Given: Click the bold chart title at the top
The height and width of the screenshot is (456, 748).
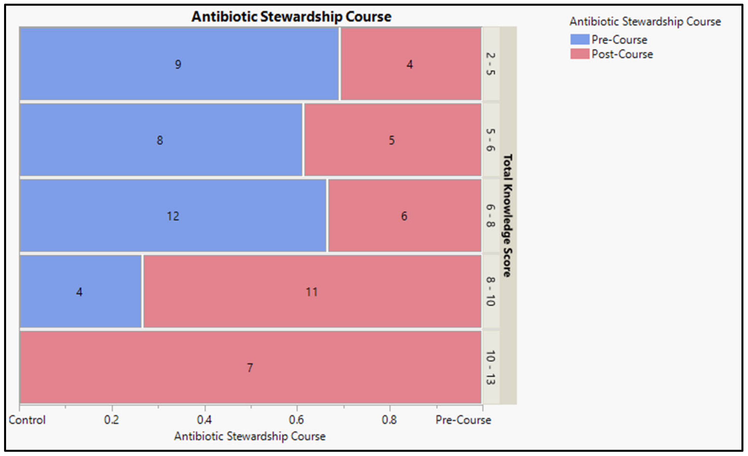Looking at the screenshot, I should tap(291, 17).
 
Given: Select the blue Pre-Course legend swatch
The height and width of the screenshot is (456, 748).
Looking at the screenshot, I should tap(579, 40).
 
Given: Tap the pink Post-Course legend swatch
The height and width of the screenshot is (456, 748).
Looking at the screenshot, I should tap(579, 54).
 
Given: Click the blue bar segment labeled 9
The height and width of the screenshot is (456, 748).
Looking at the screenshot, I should tap(179, 64).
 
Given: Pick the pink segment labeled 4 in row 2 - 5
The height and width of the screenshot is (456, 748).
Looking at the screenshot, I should tap(410, 64).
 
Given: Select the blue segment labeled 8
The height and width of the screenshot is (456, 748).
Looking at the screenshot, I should tap(161, 140).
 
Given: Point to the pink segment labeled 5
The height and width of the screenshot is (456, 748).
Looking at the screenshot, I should tap(392, 140).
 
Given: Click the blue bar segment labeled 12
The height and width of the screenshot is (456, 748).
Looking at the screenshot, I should tap(173, 216).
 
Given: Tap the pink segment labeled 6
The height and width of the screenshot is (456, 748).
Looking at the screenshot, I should tap(404, 216).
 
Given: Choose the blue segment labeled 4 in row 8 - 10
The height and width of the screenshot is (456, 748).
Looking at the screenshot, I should tap(80, 291).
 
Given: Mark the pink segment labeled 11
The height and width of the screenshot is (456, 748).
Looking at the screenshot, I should tap(312, 291).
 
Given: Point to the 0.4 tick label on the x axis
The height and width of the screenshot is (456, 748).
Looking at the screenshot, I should tap(204, 420).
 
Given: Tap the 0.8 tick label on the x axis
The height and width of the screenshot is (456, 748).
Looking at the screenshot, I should tap(389, 420).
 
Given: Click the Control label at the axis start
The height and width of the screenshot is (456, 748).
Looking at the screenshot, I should tap(27, 420).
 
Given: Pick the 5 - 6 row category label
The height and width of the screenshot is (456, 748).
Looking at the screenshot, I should tap(490, 140).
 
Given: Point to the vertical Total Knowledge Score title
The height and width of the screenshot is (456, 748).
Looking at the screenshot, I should tap(507, 215).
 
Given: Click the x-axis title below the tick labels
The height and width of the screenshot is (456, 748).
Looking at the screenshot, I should tap(249, 436).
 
